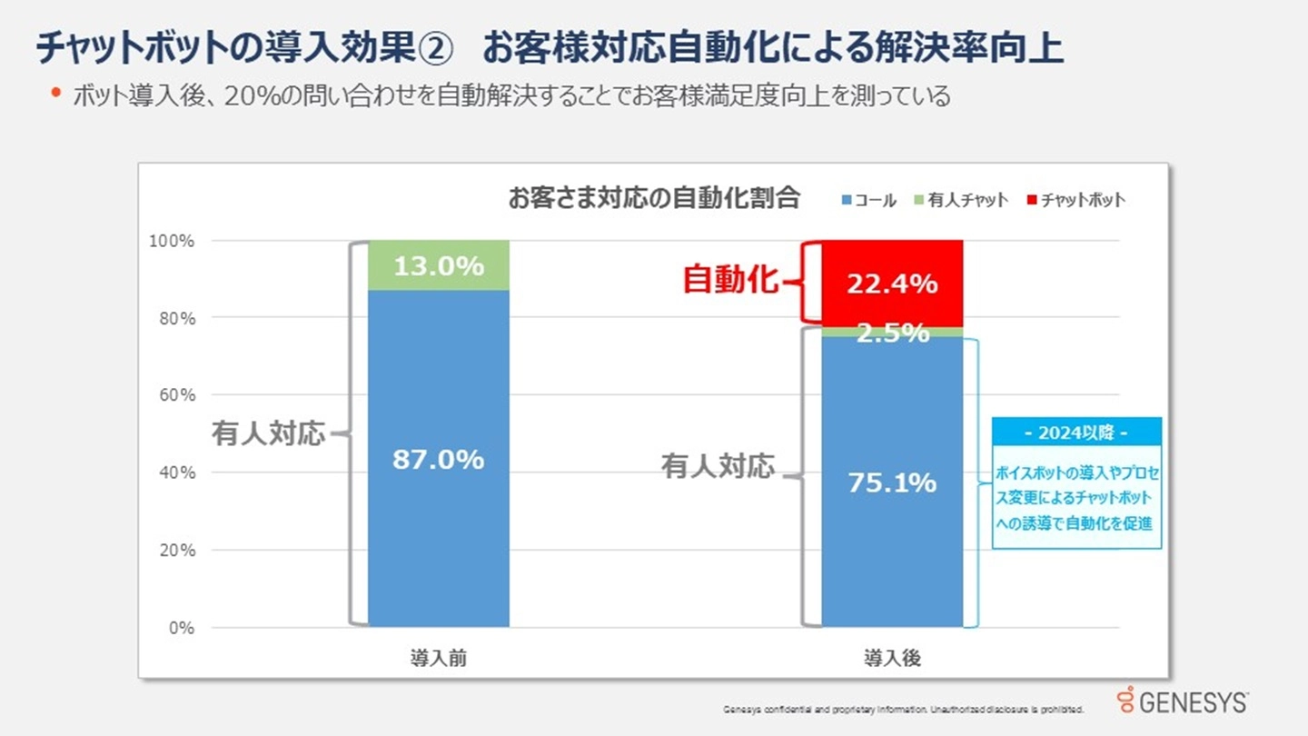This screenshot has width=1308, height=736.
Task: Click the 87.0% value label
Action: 438,460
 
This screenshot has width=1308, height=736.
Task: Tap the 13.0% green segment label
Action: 438,266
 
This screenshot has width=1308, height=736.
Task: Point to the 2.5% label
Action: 891,333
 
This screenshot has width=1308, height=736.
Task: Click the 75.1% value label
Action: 891,483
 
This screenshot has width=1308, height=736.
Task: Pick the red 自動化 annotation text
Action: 730,281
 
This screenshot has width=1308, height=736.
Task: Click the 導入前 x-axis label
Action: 438,659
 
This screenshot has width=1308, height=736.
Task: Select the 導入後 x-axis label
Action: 891,659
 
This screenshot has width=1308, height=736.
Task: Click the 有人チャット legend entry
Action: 962,201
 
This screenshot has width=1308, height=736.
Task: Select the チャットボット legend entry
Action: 1075,201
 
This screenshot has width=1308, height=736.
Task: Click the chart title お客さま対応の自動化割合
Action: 654,198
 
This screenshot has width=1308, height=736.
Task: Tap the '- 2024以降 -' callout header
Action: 1075,433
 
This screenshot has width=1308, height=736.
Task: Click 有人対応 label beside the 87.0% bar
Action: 268,433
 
